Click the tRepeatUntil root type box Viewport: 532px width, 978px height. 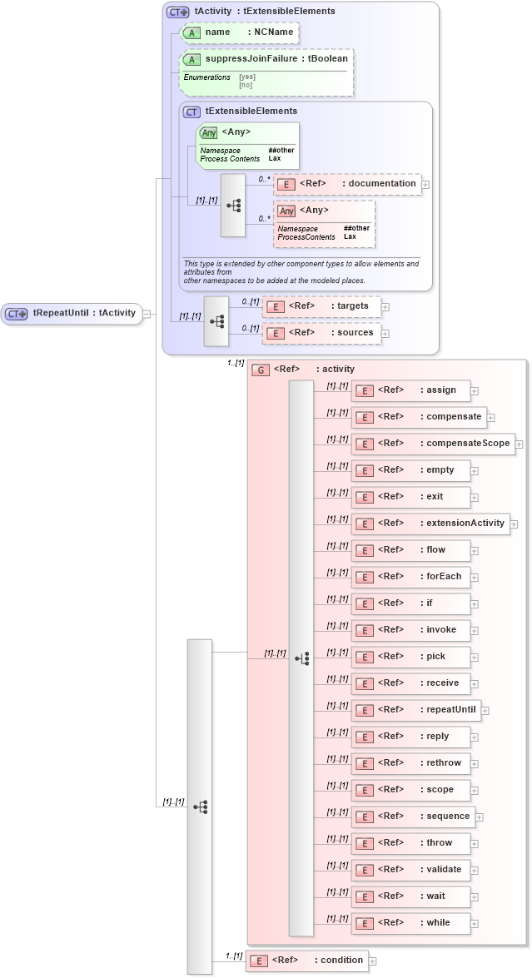[x=72, y=313]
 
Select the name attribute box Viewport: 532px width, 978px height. [x=239, y=32]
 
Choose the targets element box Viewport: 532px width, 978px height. [x=321, y=306]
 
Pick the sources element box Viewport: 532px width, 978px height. [x=321, y=333]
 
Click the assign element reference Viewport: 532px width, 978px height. [x=410, y=390]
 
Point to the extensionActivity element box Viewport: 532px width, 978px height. [x=430, y=524]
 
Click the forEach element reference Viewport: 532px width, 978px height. [x=410, y=577]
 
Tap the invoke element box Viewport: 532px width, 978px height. [x=410, y=630]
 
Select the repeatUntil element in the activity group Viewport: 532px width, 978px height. [x=416, y=710]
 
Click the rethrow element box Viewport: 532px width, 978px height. [x=410, y=763]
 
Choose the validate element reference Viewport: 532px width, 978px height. [x=410, y=870]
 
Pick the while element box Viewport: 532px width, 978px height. [x=410, y=923]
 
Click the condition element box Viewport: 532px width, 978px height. [x=306, y=961]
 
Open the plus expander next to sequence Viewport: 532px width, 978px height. [x=479, y=817]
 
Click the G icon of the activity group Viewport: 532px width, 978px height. [x=261, y=370]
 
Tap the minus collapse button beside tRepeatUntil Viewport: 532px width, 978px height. [x=146, y=314]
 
